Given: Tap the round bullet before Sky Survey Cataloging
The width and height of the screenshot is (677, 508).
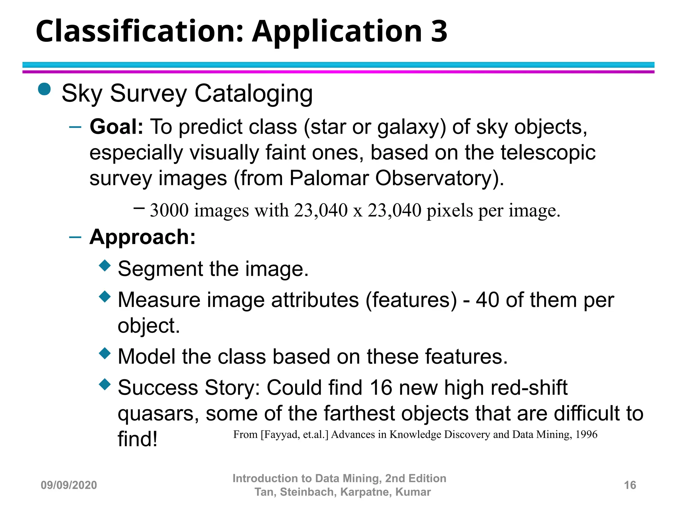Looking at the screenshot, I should (44, 89).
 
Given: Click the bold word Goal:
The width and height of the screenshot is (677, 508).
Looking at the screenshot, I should (116, 127).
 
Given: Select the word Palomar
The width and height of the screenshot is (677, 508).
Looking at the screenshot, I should (329, 178).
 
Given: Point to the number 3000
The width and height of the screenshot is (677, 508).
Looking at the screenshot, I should (169, 210).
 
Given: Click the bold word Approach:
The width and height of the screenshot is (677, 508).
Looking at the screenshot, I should (142, 237).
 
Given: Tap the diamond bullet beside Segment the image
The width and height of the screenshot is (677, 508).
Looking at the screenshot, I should (105, 266).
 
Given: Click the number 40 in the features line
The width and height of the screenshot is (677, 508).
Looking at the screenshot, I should (488, 300).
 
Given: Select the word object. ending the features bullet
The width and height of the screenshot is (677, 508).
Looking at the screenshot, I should (149, 326).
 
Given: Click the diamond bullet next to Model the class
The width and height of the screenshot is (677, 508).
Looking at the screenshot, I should (105, 354).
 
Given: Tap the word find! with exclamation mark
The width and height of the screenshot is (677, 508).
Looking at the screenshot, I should (138, 439).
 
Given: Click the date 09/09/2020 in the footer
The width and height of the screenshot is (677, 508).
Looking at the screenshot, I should (69, 485).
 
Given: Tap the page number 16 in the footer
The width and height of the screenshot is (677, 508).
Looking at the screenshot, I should (630, 485).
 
